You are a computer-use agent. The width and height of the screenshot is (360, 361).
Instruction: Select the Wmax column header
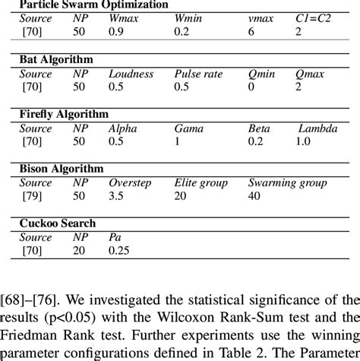click(x=126, y=17)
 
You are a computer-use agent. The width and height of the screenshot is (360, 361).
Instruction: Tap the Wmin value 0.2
click(x=182, y=31)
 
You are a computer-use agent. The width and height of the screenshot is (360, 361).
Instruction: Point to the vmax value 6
click(x=251, y=31)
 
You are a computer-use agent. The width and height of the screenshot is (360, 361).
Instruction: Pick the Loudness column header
click(x=131, y=74)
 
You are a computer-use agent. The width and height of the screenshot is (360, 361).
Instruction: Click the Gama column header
click(x=189, y=128)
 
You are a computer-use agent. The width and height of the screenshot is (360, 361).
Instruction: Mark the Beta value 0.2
click(x=257, y=142)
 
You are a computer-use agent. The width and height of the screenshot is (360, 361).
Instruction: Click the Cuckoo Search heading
click(x=58, y=223)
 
